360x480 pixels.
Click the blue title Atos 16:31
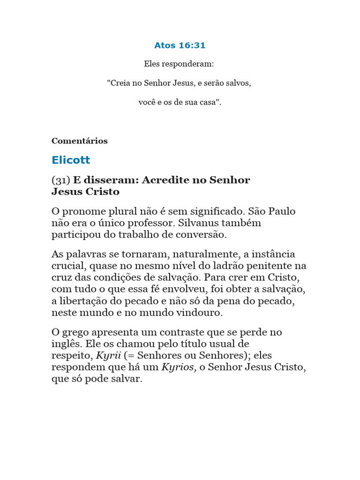tap(180, 45)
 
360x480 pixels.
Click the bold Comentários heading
tap(80, 141)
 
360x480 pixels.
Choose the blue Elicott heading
tap(71, 160)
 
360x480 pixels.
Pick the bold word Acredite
tap(174, 180)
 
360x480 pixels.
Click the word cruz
tap(62, 277)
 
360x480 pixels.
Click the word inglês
tap(67, 344)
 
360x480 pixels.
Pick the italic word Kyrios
tap(178, 367)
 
